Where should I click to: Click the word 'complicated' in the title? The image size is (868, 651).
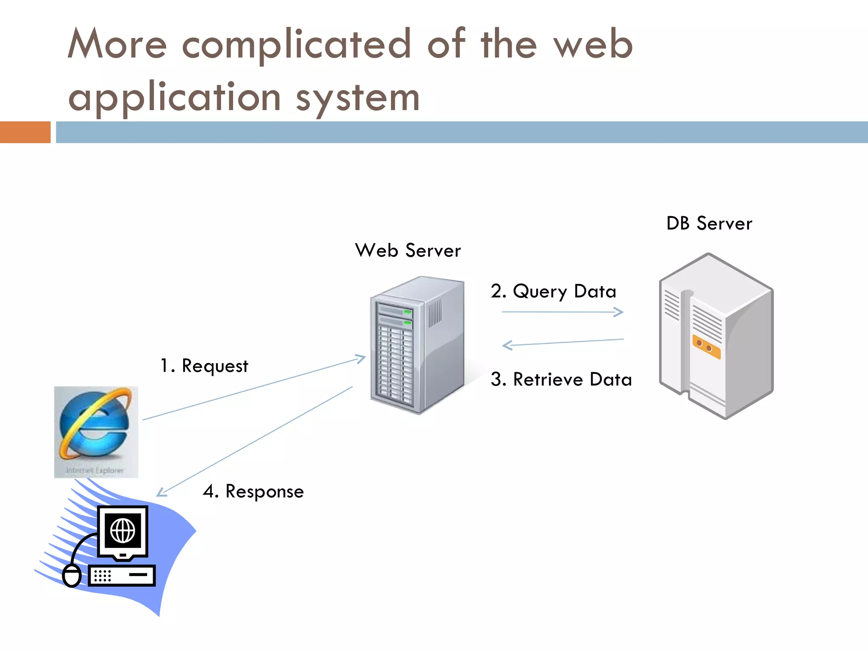pyautogui.click(x=297, y=45)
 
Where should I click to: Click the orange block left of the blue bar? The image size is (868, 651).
pyautogui.click(x=25, y=132)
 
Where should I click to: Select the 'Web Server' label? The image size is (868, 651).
pyautogui.click(x=408, y=250)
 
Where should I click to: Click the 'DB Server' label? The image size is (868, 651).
pyautogui.click(x=709, y=223)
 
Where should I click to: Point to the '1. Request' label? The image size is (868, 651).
pyautogui.click(x=204, y=366)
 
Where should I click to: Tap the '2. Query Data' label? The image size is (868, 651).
pyautogui.click(x=553, y=292)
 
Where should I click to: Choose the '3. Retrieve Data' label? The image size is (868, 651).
pyautogui.click(x=561, y=379)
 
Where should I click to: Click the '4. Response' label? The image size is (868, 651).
pyautogui.click(x=253, y=492)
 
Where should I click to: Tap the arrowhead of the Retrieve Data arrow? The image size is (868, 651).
pyautogui.click(x=506, y=345)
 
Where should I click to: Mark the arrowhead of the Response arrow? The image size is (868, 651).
pyautogui.click(x=161, y=493)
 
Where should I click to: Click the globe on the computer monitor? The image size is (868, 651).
pyautogui.click(x=123, y=531)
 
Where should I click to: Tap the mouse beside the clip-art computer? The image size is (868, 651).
pyautogui.click(x=72, y=576)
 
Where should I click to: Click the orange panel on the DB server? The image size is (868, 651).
pyautogui.click(x=706, y=347)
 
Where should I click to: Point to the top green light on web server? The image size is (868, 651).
pyautogui.click(x=408, y=312)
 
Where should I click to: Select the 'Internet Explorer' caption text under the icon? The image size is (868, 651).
pyautogui.click(x=95, y=471)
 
